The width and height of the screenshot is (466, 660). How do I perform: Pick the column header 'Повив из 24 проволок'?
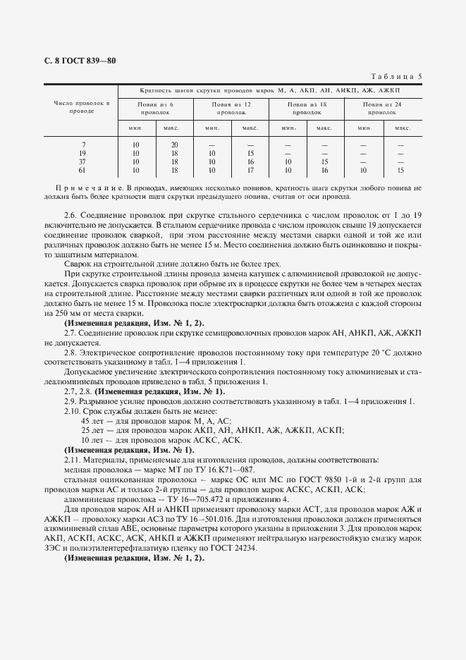coord(383,108)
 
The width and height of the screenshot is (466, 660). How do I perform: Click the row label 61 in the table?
coord(82,170)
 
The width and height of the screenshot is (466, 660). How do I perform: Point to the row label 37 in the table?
coord(82,161)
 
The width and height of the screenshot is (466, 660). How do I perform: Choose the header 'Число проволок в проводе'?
coord(82,108)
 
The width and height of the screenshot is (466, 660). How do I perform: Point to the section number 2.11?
coord(72,458)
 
